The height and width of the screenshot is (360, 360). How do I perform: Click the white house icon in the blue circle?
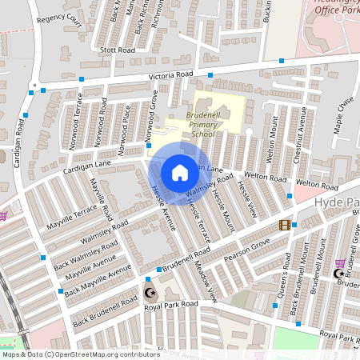pyautogui.click(x=180, y=172)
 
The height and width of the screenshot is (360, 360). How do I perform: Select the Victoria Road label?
pyautogui.click(x=171, y=75)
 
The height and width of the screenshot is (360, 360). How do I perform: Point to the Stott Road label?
pyautogui.click(x=118, y=50)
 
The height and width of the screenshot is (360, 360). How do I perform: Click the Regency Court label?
pyautogui.click(x=59, y=20)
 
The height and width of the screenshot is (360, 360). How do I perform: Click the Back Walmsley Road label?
pyautogui.click(x=88, y=252)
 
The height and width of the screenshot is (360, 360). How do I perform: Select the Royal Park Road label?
pyautogui.click(x=167, y=304)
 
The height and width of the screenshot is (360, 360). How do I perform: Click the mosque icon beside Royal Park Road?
pyautogui.click(x=149, y=292)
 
